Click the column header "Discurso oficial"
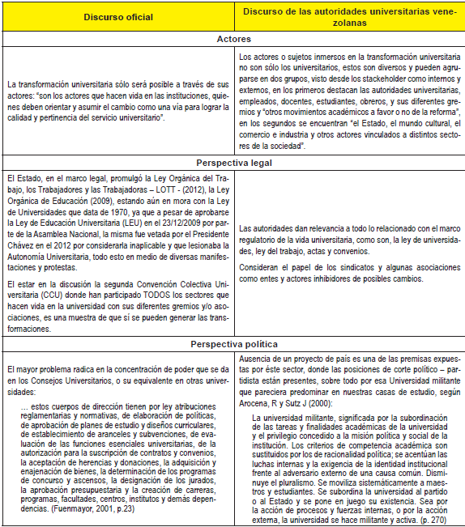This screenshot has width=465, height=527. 116,18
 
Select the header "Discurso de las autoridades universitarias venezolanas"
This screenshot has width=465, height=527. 348,18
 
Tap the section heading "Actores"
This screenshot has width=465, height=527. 232,39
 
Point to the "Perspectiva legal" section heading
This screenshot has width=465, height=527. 232,163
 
